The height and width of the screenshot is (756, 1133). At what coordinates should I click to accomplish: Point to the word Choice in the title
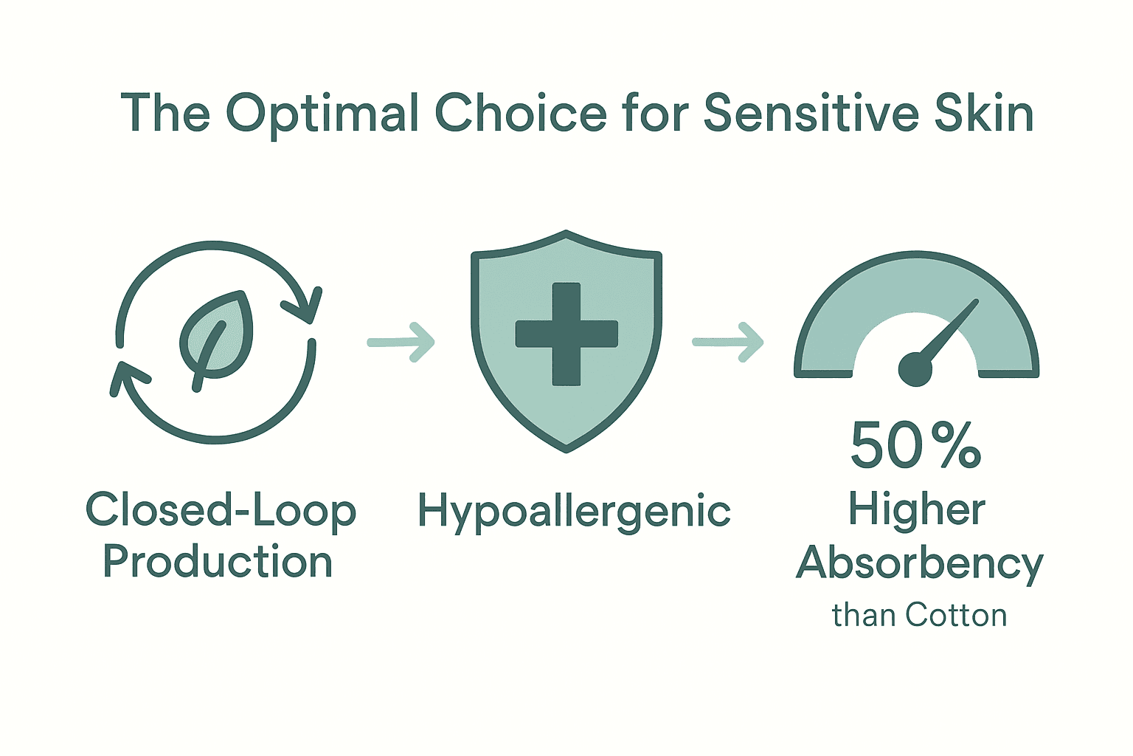click(520, 113)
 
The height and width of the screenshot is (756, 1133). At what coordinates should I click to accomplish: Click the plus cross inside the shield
click(566, 334)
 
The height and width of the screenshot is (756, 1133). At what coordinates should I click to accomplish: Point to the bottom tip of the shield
click(566, 447)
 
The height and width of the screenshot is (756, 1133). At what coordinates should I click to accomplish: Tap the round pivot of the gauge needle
click(915, 368)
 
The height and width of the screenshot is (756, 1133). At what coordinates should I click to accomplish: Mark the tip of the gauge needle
click(974, 303)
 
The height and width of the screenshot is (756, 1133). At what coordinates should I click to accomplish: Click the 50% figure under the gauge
click(915, 445)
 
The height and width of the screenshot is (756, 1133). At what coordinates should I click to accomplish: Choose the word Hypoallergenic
click(574, 512)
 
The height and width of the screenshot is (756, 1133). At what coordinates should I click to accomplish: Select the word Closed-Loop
click(221, 512)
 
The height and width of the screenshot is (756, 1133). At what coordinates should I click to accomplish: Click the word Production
click(218, 562)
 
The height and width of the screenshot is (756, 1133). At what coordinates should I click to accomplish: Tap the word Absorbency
click(919, 564)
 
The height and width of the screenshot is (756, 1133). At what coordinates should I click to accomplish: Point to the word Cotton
click(956, 615)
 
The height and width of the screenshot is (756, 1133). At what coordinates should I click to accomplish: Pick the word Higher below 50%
click(916, 509)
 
